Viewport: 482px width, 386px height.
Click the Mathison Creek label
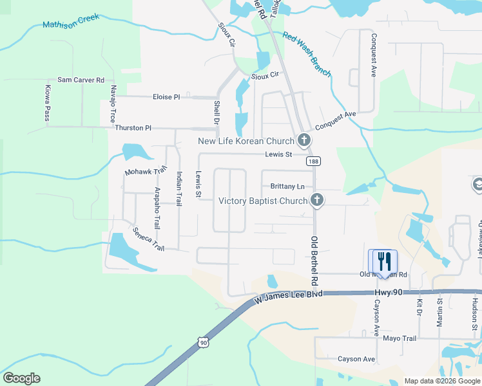click(71, 21)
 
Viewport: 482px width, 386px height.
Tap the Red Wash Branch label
click(307, 55)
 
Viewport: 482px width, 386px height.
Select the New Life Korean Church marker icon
click(304, 140)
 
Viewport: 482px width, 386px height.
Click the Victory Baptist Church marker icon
click(316, 201)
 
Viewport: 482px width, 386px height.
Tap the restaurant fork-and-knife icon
click(383, 261)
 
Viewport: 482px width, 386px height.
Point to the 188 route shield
click(313, 161)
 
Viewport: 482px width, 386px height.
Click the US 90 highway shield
click(204, 343)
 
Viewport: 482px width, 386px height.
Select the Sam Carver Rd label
click(81, 80)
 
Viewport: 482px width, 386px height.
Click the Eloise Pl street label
click(166, 97)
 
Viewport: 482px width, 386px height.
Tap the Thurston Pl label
click(133, 128)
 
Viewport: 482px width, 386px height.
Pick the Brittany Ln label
click(287, 187)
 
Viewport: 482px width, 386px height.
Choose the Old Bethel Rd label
click(315, 261)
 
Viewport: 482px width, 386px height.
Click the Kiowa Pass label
click(47, 103)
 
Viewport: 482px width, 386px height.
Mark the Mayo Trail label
click(400, 338)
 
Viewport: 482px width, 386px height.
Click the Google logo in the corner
click(21, 378)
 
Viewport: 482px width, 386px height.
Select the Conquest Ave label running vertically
click(373, 55)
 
